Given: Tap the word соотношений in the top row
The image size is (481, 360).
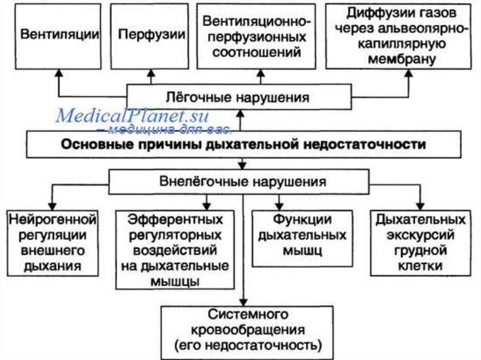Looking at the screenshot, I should (257, 52).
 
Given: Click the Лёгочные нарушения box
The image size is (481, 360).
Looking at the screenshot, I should (239, 97).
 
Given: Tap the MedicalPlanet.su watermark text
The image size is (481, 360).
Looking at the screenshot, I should (132, 115).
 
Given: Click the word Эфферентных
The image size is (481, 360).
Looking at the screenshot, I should (175, 219).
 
